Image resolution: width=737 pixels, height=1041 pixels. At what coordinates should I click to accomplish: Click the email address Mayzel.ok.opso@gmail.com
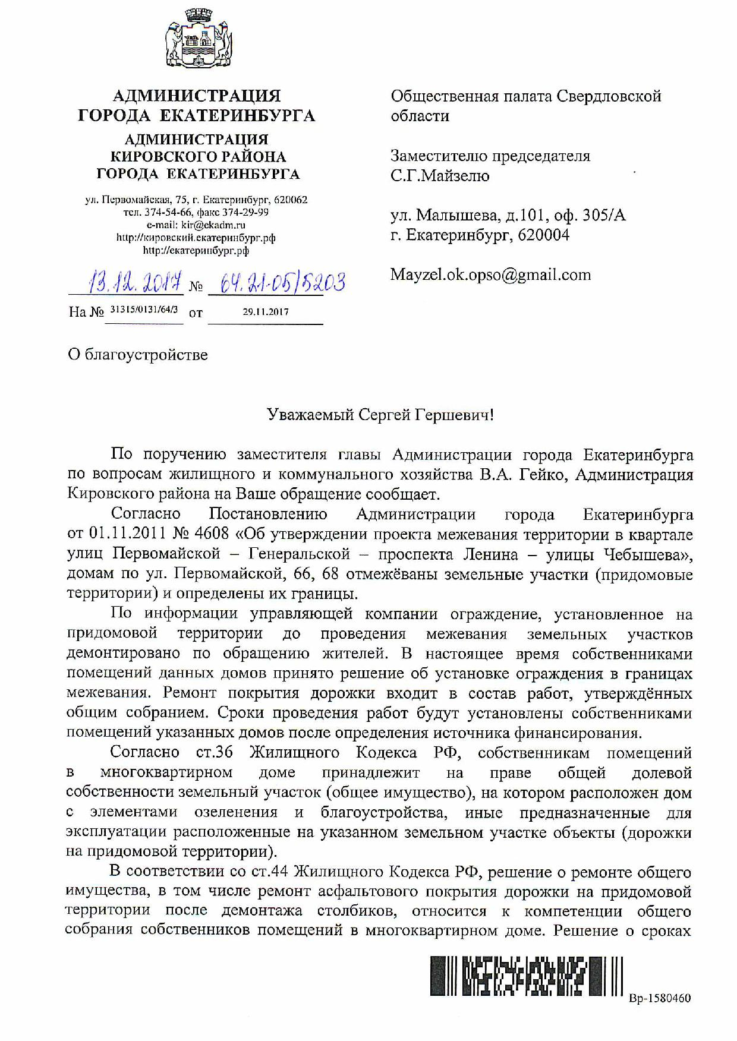point(490,275)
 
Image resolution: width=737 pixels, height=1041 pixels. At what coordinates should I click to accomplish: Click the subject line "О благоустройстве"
point(138,355)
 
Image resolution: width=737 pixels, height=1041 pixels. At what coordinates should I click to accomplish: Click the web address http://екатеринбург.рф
point(196,251)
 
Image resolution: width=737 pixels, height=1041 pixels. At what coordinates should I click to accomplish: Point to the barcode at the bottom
point(526,976)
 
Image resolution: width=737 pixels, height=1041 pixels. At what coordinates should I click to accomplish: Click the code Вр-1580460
point(660,998)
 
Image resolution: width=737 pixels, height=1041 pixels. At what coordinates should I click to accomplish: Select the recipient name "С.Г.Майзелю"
point(440,176)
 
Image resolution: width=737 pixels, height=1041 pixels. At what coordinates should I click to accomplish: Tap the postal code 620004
point(543,235)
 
